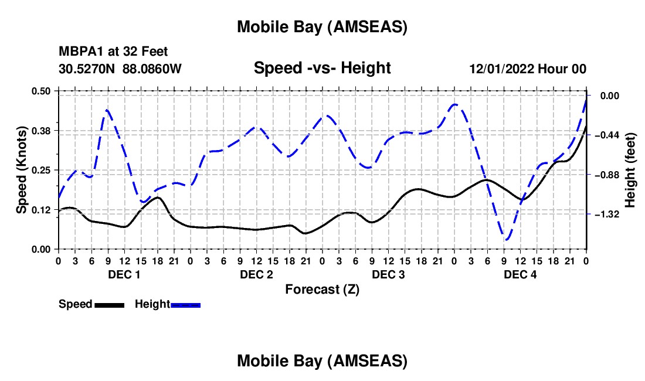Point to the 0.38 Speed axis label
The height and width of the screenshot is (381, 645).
[x=42, y=130]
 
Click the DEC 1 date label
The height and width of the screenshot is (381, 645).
[x=124, y=274]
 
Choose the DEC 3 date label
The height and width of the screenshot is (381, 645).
[x=388, y=274]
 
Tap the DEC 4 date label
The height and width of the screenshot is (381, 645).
[x=520, y=274]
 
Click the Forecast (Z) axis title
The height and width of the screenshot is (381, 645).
[x=322, y=289]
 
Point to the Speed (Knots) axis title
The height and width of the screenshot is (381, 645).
[x=21, y=169]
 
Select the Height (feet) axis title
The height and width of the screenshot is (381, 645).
[x=630, y=169]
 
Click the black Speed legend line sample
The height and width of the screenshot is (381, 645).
[x=108, y=305]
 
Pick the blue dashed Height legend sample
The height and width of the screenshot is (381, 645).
[x=185, y=305]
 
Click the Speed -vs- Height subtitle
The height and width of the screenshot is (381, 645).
[x=322, y=68]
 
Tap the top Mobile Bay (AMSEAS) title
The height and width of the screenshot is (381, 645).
[x=322, y=26]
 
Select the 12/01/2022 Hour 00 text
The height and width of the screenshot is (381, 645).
[x=528, y=69]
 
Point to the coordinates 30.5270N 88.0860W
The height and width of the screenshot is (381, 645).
[x=120, y=69]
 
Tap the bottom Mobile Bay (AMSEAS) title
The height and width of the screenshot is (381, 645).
[x=322, y=361]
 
